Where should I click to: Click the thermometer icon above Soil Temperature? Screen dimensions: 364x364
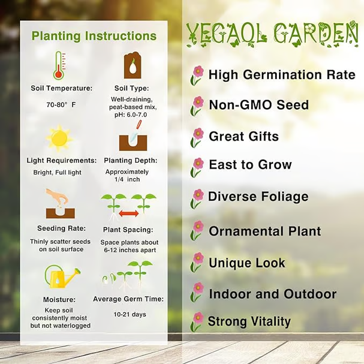59,66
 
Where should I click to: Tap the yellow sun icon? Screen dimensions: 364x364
59,139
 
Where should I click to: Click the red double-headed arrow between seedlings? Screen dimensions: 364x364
129,213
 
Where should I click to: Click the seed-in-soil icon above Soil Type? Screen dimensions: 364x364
132,65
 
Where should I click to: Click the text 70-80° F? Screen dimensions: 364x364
61,105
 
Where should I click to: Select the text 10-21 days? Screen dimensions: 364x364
130,314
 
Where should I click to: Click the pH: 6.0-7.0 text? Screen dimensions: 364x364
131,115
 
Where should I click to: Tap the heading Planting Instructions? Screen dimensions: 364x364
94,36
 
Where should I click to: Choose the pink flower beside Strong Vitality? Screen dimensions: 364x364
197,322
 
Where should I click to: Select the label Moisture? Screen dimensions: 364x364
60,300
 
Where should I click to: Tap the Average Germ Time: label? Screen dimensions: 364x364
128,299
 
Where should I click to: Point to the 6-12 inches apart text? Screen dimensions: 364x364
130,250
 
